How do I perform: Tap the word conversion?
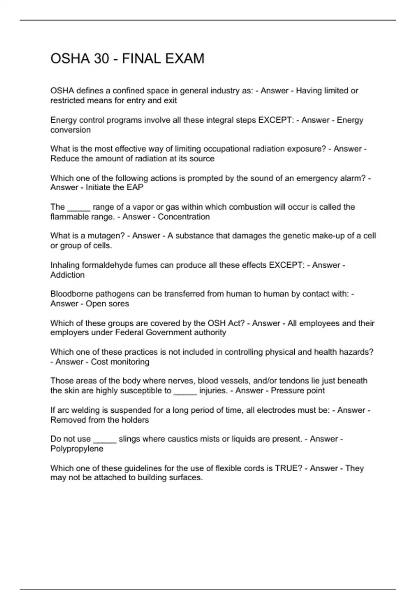pos(70,130)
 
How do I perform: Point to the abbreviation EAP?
pos(136,187)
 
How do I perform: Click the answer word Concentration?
pos(184,217)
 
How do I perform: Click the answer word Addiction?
pos(68,275)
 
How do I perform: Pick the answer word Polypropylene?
pos(77,449)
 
